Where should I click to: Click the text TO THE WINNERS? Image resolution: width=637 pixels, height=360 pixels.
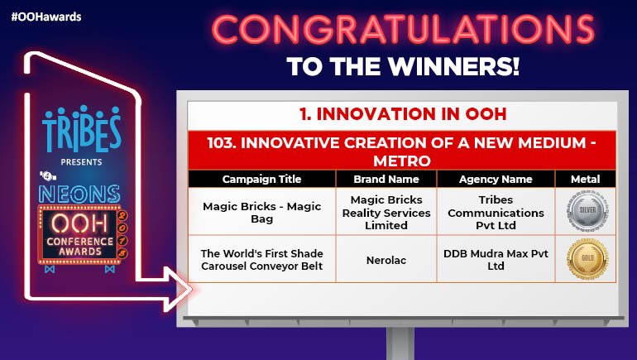(x=404, y=66)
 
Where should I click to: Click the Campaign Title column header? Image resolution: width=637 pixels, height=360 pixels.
(x=261, y=179)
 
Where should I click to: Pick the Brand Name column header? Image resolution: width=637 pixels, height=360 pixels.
(x=386, y=179)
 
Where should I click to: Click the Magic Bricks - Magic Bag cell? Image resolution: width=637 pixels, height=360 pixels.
(x=261, y=213)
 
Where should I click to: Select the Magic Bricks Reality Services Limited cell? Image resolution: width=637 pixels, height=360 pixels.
(x=386, y=213)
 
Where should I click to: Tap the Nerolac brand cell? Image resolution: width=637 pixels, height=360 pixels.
(x=386, y=259)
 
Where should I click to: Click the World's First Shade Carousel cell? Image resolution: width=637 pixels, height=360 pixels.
(x=261, y=259)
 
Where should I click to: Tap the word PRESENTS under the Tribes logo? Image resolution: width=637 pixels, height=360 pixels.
(x=82, y=163)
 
